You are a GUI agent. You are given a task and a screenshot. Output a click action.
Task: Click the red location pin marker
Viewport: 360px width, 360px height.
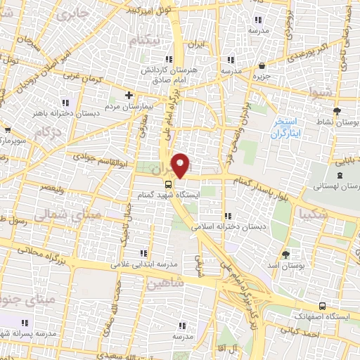(x=181, y=165)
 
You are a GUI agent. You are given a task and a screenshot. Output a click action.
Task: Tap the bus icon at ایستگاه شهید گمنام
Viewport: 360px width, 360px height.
(x=167, y=184)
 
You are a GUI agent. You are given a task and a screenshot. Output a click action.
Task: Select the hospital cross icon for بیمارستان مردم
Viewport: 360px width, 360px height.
(x=128, y=95)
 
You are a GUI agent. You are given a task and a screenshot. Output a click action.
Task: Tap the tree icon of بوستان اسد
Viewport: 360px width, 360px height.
(x=285, y=255)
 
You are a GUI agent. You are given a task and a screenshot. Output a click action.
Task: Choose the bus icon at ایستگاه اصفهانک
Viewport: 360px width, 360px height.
(x=322, y=307)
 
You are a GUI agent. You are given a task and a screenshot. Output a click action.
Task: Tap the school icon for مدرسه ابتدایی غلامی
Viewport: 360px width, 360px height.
(x=144, y=253)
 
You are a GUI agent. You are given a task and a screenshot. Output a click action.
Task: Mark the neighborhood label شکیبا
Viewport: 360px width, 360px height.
(x=312, y=212)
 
